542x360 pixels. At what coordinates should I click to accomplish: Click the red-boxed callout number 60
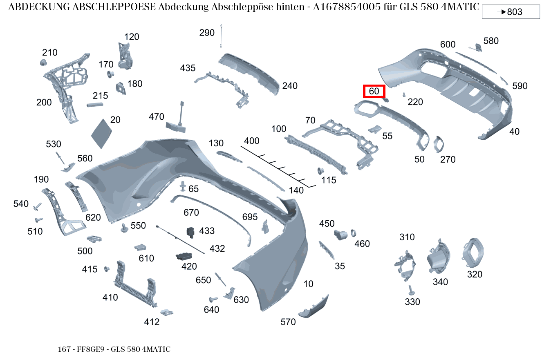(374, 92)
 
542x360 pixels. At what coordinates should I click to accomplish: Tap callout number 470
(156, 117)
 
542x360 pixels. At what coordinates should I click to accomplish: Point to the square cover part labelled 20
(101, 133)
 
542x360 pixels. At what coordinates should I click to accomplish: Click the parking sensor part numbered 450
(340, 234)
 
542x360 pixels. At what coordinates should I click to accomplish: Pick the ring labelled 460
(354, 233)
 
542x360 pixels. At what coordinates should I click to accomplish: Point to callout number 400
(252, 141)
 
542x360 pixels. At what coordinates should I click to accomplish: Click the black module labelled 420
(184, 256)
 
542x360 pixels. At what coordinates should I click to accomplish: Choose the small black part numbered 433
(190, 232)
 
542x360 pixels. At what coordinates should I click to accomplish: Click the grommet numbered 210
(43, 63)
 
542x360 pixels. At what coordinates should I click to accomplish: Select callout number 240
(290, 86)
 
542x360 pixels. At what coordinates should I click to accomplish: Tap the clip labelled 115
(321, 172)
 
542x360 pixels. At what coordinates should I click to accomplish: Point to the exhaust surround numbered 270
(439, 144)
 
